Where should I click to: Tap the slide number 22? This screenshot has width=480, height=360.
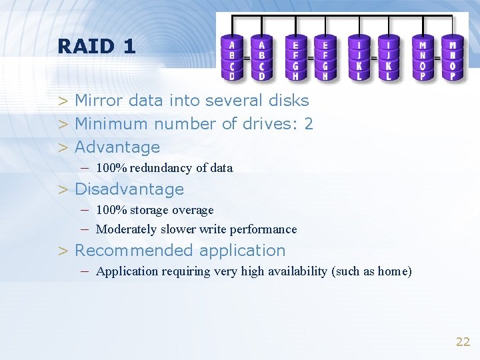[463, 342]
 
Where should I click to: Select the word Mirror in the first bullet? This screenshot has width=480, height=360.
[97, 101]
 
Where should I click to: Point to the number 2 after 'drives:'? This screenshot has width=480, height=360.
[309, 124]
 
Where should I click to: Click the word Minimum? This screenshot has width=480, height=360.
[112, 124]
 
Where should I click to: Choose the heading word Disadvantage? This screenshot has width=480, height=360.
[129, 189]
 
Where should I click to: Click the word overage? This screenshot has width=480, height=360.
[193, 211]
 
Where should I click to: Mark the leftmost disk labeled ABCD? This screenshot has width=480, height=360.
[232, 57]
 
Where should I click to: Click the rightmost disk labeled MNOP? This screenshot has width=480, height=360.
[453, 57]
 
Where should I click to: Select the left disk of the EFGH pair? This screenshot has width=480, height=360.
[296, 57]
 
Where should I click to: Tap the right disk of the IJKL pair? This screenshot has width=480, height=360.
[388, 57]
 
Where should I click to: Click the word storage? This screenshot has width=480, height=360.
[152, 211]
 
